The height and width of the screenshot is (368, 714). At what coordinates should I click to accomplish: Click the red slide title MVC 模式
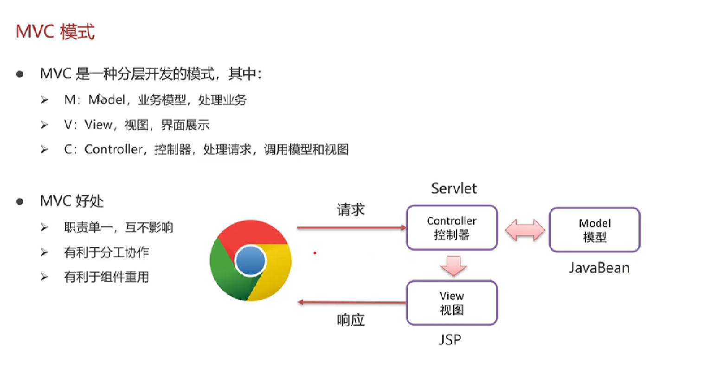[x=55, y=32]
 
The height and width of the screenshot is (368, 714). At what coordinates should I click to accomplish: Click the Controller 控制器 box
[x=451, y=228]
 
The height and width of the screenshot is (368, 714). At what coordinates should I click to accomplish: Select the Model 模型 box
[x=594, y=230]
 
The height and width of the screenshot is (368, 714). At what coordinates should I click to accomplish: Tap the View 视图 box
[x=451, y=303]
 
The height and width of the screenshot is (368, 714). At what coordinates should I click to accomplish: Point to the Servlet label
[x=454, y=188]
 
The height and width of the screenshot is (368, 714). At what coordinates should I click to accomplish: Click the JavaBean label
[x=599, y=268]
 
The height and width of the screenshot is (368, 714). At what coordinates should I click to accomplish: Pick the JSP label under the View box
[x=450, y=340]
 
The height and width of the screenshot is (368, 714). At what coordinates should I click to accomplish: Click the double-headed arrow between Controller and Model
[x=525, y=230]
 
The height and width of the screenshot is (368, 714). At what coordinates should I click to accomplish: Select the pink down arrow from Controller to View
[x=453, y=265]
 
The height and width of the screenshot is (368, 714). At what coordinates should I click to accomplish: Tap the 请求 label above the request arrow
[x=350, y=210]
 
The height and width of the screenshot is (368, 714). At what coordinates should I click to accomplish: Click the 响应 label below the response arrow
[x=350, y=320]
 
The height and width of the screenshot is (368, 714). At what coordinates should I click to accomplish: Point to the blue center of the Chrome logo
[x=251, y=260]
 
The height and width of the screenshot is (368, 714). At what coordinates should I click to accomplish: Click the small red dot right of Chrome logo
[x=315, y=253]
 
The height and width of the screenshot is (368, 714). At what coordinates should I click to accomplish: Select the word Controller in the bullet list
[x=113, y=149]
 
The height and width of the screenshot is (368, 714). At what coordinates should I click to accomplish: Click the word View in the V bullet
[x=98, y=125]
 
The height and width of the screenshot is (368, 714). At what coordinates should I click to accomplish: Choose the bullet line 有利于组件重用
[x=106, y=277]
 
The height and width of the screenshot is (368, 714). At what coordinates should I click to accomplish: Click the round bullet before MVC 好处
[x=20, y=201]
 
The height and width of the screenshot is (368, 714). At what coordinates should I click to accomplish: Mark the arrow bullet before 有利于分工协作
[x=45, y=252]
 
